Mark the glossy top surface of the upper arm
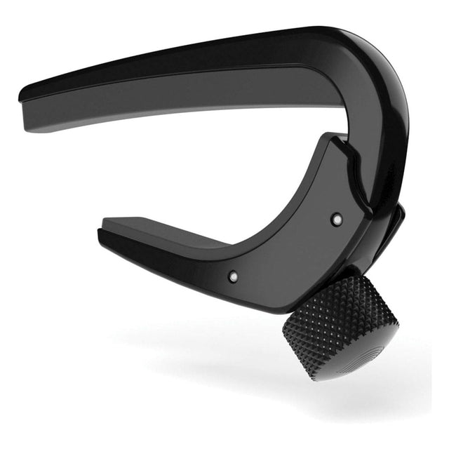coord(210,53)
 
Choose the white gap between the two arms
coord(210,168)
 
